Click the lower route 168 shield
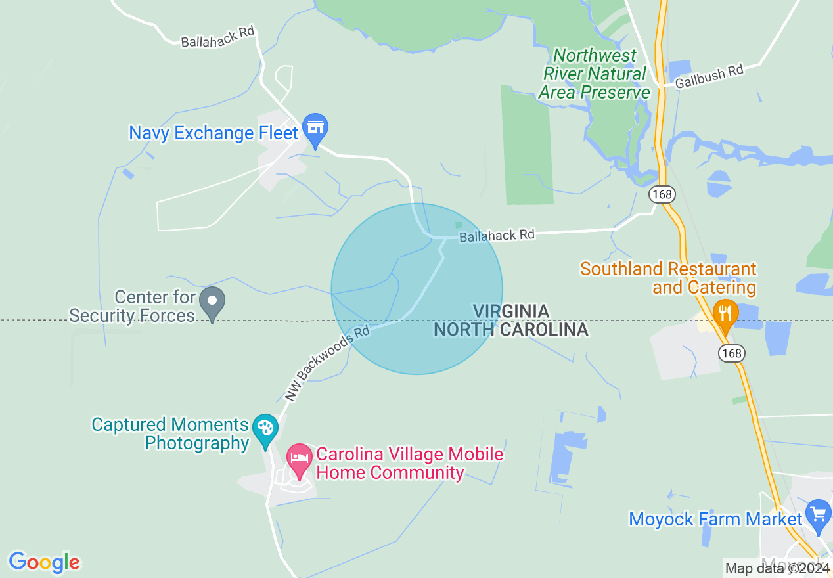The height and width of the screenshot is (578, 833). [731, 353]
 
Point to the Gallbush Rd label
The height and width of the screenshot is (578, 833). [709, 76]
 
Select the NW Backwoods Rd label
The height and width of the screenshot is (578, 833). [328, 363]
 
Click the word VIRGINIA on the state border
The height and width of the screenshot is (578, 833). [511, 311]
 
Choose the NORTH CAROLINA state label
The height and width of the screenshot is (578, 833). [510, 329]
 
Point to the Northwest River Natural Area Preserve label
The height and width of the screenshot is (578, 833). [595, 74]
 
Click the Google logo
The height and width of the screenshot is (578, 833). [44, 562]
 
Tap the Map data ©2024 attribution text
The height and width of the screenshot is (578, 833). [777, 568]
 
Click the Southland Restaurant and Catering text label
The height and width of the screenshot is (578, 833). [668, 278]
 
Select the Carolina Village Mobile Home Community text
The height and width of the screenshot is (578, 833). [409, 463]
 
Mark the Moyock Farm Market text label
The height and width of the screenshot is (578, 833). [715, 519]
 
